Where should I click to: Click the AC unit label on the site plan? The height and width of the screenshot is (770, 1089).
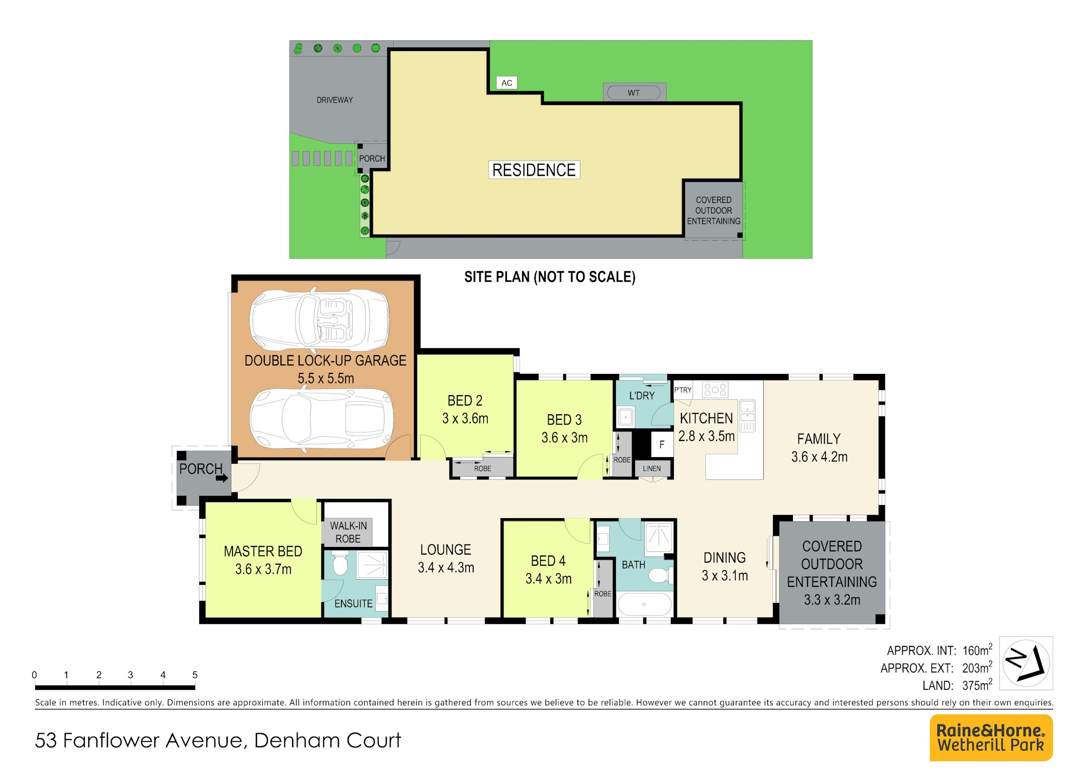pyautogui.click(x=507, y=83)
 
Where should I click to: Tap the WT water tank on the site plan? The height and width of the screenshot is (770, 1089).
pyautogui.click(x=634, y=93)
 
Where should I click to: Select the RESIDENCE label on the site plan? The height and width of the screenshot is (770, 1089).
pyautogui.click(x=534, y=170)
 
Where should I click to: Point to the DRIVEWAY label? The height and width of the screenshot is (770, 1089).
pyautogui.click(x=334, y=100)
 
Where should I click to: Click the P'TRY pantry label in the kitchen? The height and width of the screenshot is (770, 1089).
pyautogui.click(x=683, y=390)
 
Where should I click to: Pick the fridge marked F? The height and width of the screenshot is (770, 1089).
pyautogui.click(x=662, y=445)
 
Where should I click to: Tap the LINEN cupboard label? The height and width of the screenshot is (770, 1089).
pyautogui.click(x=652, y=469)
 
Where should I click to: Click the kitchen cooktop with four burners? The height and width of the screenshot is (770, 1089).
pyautogui.click(x=715, y=390)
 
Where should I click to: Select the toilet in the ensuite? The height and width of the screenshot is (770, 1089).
pyautogui.click(x=339, y=563)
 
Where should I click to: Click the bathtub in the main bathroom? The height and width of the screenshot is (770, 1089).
pyautogui.click(x=644, y=604)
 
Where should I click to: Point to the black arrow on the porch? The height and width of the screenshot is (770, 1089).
pyautogui.click(x=222, y=477)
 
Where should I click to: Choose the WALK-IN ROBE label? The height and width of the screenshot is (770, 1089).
pyautogui.click(x=348, y=532)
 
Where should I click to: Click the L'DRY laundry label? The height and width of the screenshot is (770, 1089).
pyautogui.click(x=642, y=396)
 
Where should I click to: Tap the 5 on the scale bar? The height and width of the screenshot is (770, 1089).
pyautogui.click(x=195, y=675)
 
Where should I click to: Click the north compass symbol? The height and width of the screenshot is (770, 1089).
pyautogui.click(x=1026, y=663)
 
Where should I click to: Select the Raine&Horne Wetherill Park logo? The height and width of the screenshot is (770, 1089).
pyautogui.click(x=991, y=738)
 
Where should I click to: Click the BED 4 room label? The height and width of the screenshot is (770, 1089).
pyautogui.click(x=548, y=561)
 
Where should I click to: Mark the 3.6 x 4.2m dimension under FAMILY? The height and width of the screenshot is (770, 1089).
pyautogui.click(x=819, y=457)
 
